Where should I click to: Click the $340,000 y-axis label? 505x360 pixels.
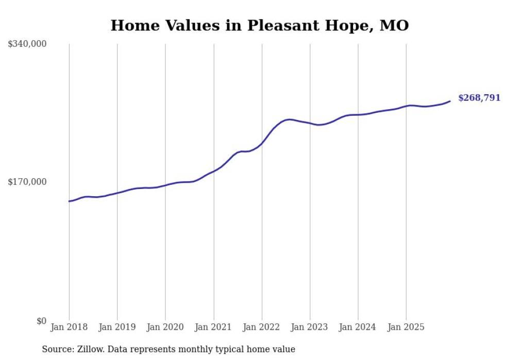[x=27, y=44]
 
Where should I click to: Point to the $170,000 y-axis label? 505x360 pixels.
[x=27, y=182]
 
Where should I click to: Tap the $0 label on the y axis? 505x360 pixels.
[x=41, y=321]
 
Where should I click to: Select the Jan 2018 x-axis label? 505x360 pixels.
[x=69, y=327]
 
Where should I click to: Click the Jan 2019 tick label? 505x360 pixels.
[x=117, y=327]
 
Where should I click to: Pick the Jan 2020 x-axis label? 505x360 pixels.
[x=165, y=327]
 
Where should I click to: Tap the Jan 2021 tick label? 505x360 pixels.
[x=213, y=327]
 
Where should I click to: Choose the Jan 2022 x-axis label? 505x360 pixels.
[x=262, y=327]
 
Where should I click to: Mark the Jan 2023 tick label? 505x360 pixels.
[x=310, y=327]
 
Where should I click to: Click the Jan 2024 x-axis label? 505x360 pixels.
[x=358, y=327]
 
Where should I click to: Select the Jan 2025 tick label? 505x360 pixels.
[x=406, y=327]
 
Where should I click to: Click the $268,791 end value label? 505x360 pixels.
[x=479, y=98]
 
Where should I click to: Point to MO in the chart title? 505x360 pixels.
[x=394, y=25]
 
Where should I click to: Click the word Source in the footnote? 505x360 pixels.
[x=57, y=349]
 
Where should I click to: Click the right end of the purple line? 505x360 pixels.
[x=450, y=101]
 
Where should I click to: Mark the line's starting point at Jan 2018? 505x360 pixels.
[x=69, y=201]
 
